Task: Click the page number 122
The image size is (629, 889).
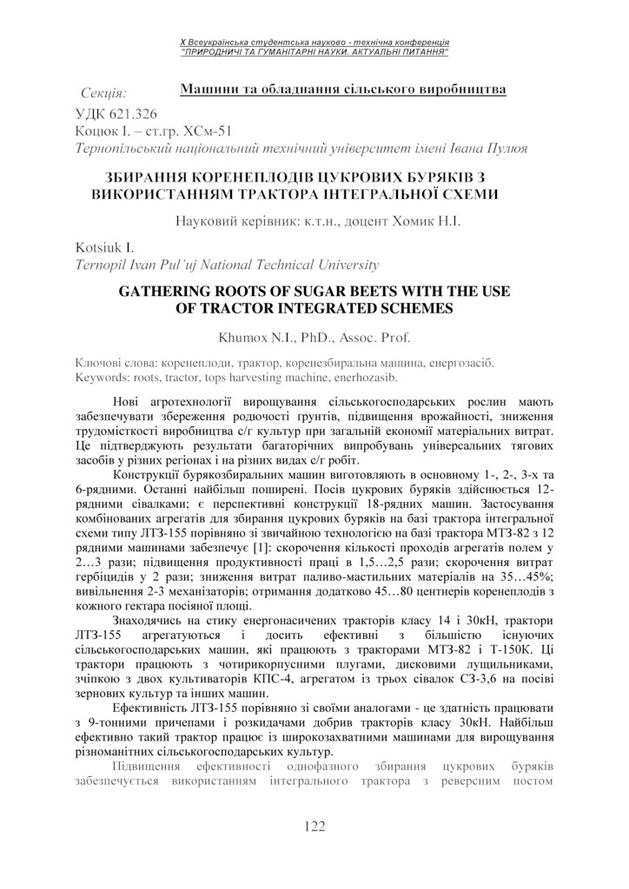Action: [314, 826]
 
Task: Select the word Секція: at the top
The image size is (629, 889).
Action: [103, 91]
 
